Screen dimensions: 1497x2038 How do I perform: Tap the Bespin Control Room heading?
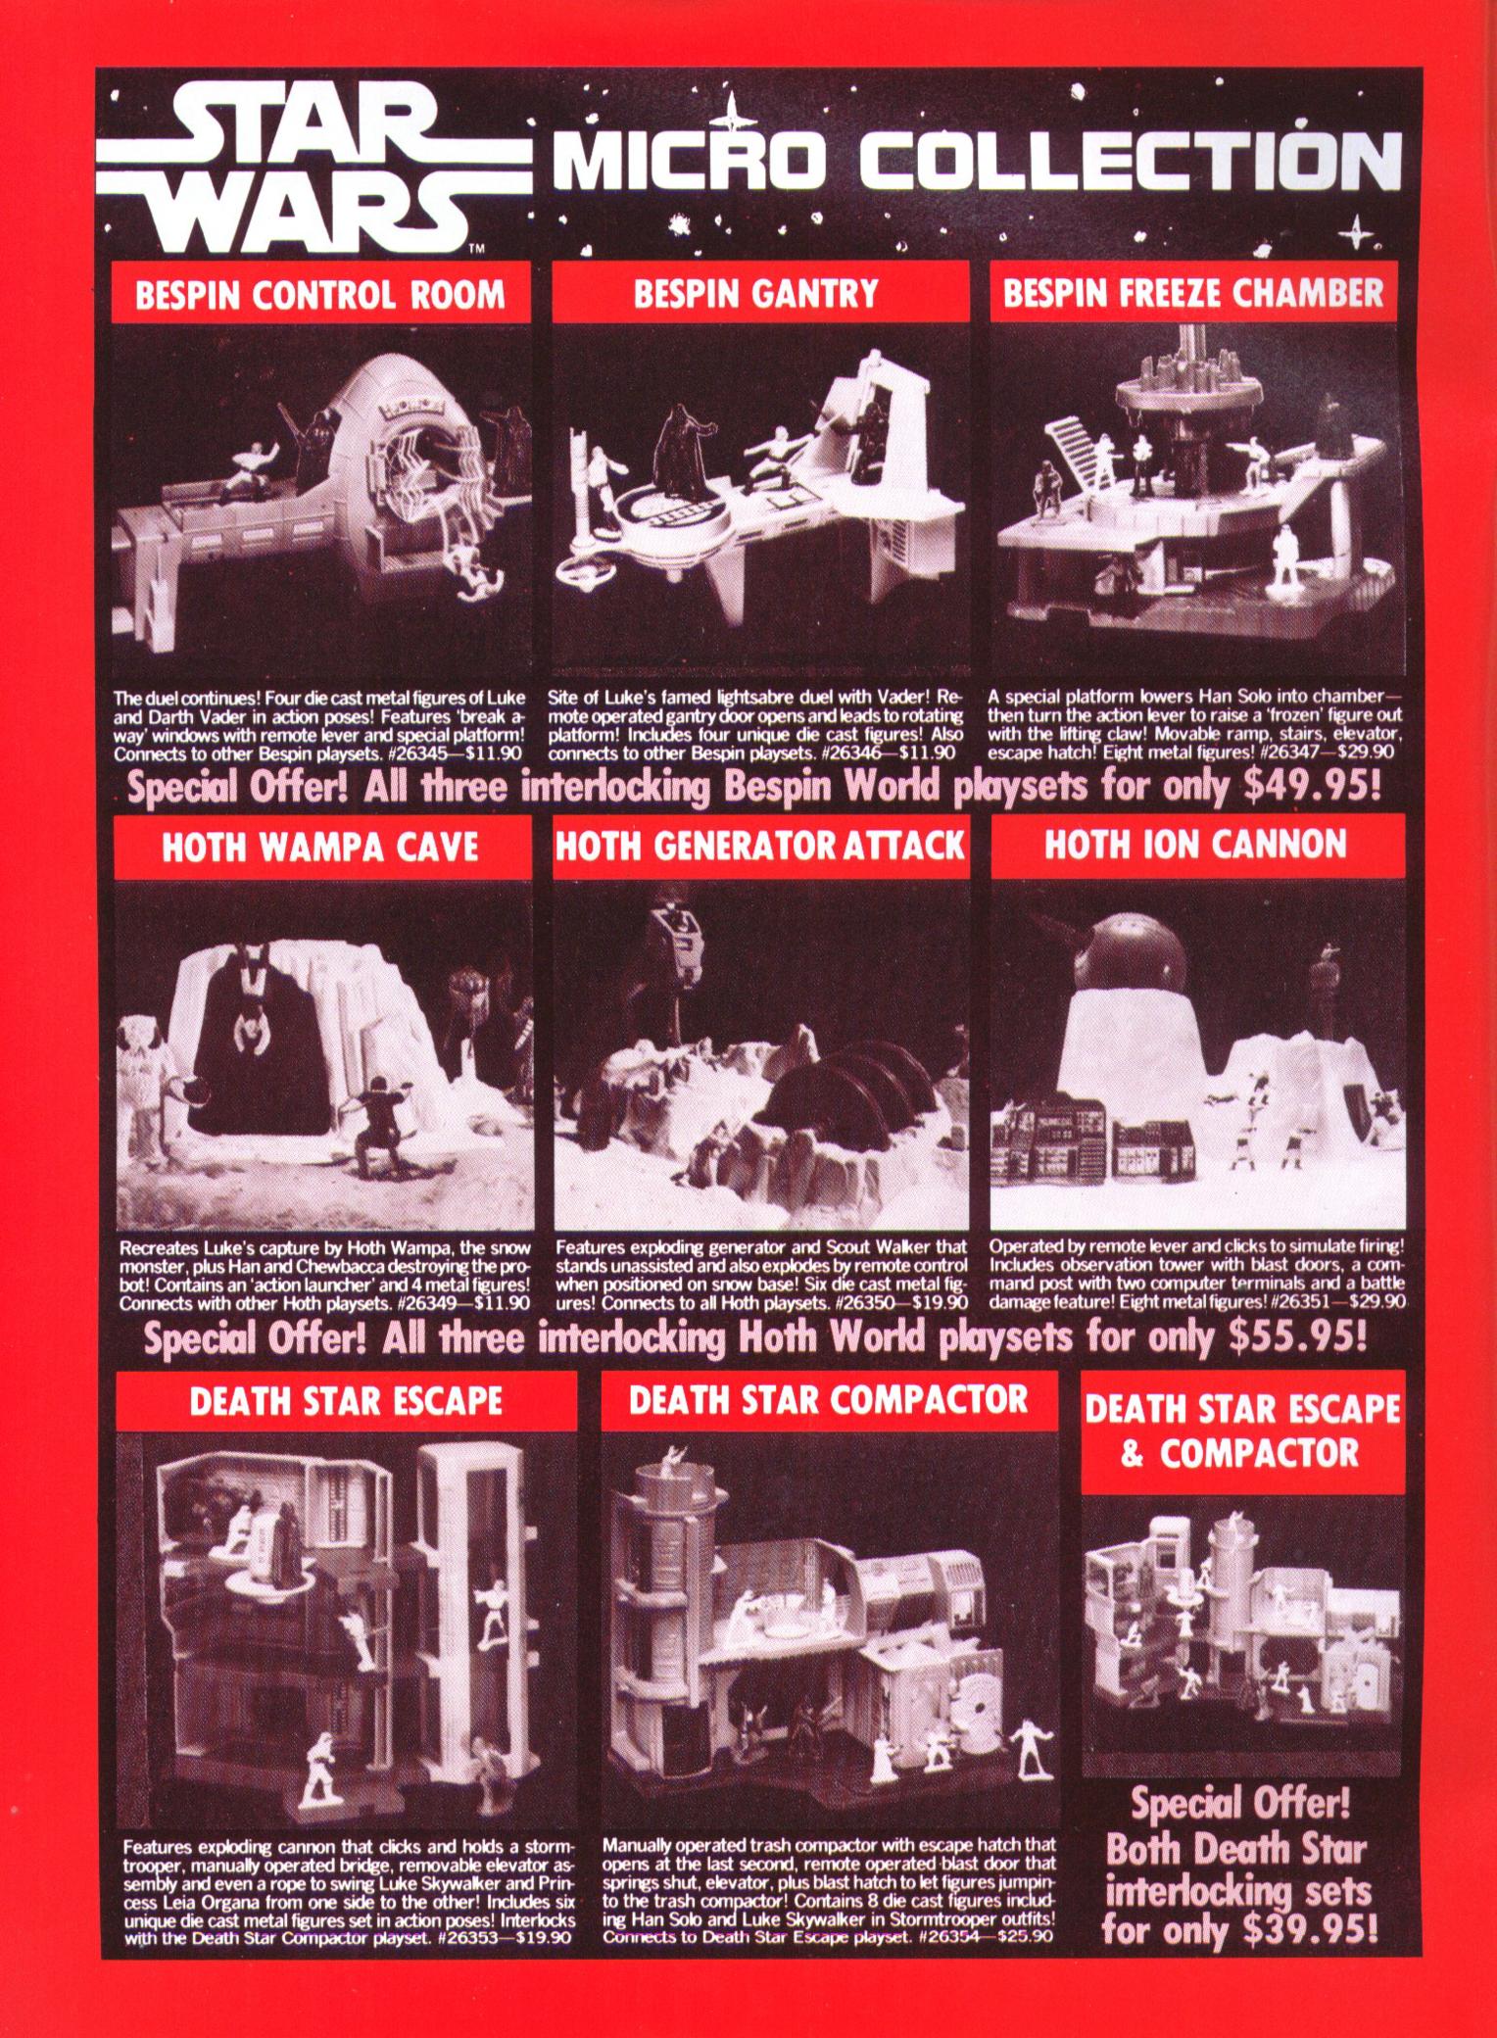[320, 294]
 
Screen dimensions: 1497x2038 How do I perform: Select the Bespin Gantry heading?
[755, 293]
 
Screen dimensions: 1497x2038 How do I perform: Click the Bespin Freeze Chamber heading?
[1194, 293]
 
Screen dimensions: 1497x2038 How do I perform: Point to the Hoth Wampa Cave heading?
[320, 847]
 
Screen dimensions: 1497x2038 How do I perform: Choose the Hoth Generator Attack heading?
[760, 846]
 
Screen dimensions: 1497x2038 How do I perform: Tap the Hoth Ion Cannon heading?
[1196, 845]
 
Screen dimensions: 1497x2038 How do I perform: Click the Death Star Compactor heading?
[829, 1399]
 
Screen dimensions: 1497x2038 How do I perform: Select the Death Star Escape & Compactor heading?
[1242, 1431]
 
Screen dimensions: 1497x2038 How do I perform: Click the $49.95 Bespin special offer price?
[1311, 787]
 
